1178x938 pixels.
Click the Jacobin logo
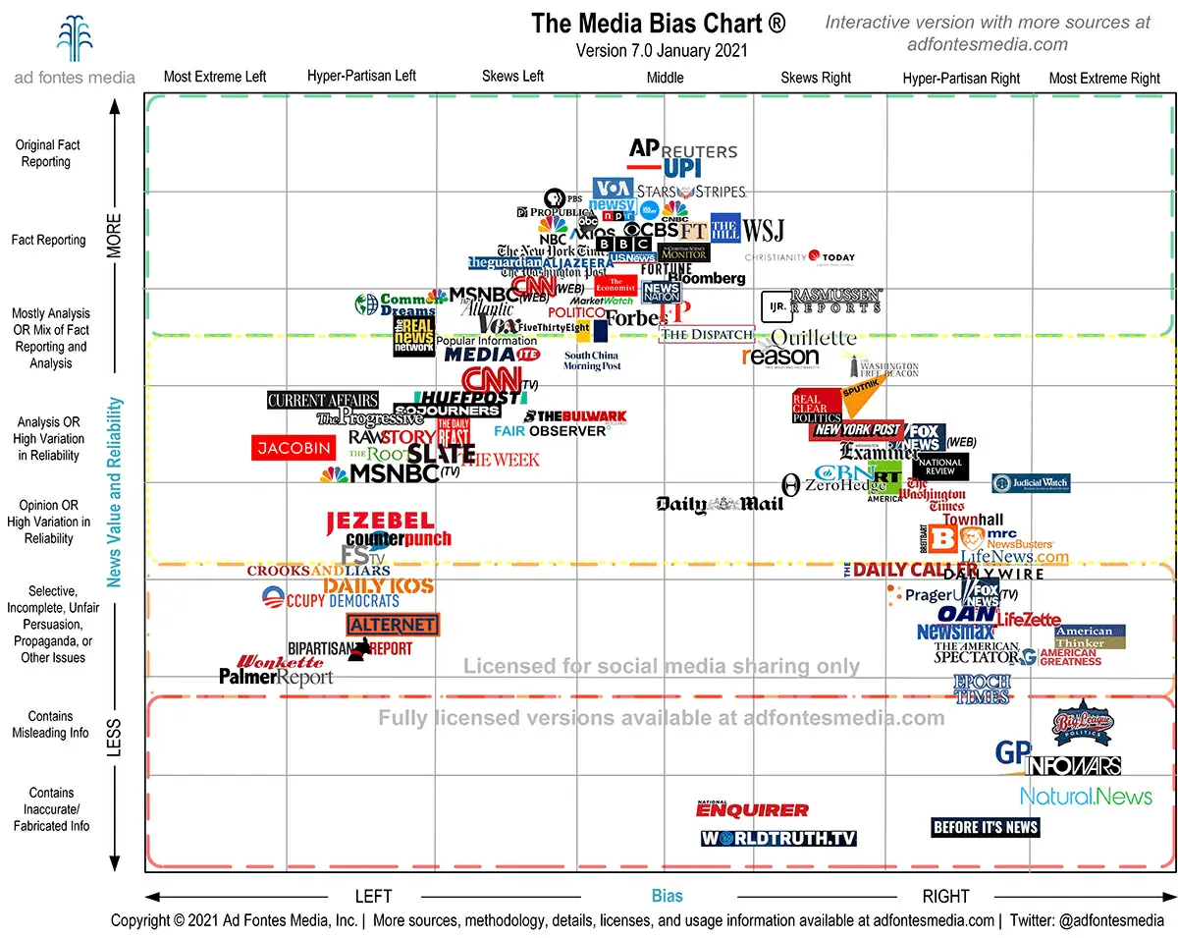(x=292, y=448)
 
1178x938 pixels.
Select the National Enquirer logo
(x=753, y=809)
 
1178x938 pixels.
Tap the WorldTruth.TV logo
(x=778, y=838)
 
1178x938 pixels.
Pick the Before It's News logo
(x=985, y=827)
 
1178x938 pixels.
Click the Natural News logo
(x=1086, y=796)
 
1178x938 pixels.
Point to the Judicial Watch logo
(x=1031, y=483)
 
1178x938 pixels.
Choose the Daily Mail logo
(x=720, y=504)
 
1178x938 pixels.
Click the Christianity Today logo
(x=800, y=257)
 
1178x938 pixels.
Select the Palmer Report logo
(x=276, y=677)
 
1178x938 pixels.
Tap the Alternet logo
(x=393, y=625)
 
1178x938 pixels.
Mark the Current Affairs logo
(x=323, y=400)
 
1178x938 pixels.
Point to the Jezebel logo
(x=380, y=521)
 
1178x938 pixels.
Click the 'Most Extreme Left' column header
(x=215, y=77)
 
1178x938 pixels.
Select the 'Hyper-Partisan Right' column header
(x=961, y=79)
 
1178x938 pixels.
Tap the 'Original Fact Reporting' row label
(x=48, y=153)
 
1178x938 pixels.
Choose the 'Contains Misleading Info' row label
(x=51, y=725)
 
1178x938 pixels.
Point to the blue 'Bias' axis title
(x=667, y=896)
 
